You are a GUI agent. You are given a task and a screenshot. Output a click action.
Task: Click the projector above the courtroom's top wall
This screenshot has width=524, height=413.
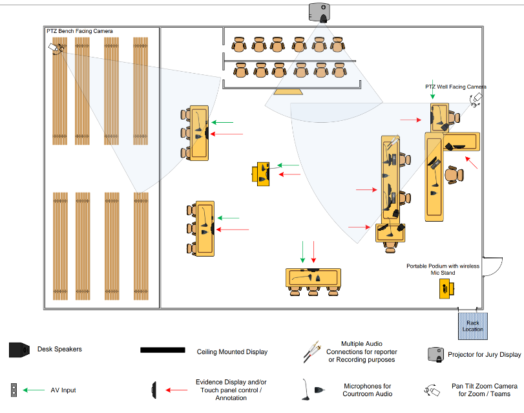320,12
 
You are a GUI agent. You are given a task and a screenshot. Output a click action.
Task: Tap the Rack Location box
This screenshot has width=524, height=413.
472,326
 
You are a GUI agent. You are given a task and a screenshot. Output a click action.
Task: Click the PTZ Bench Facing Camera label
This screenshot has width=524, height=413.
79,31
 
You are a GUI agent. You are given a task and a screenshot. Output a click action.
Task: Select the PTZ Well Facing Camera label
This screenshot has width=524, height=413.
455,87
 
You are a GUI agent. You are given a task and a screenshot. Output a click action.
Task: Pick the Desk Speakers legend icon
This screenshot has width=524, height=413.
19,350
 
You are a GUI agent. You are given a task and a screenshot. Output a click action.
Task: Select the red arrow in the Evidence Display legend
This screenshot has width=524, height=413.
177,390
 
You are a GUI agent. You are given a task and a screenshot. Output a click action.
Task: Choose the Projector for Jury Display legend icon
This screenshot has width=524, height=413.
435,354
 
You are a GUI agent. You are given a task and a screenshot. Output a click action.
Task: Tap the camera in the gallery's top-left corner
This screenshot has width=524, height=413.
55,47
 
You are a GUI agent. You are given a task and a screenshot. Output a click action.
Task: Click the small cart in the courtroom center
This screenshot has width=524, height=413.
261,173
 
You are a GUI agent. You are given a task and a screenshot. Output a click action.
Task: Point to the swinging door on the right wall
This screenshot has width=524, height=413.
493,267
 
